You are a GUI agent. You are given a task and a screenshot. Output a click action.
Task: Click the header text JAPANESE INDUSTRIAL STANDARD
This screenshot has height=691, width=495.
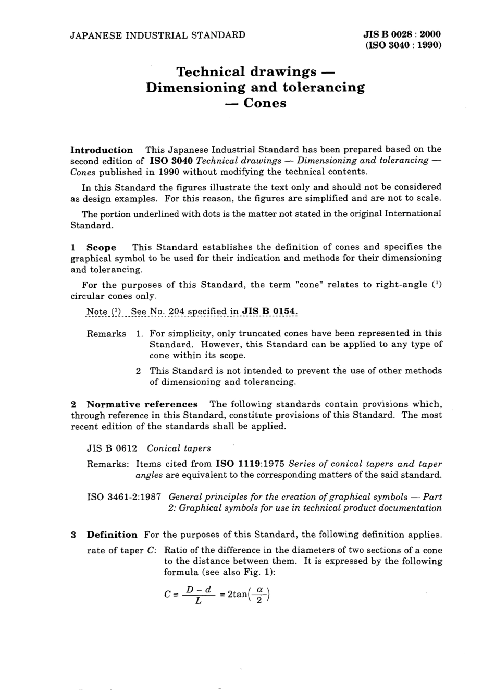coord(158,35)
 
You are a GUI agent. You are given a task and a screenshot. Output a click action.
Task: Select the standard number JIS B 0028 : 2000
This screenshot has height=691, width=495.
coord(402,34)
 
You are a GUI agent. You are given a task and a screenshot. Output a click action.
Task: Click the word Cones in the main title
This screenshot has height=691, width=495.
coord(265,103)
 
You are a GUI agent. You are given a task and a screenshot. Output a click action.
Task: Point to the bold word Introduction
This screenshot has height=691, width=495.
coord(102,150)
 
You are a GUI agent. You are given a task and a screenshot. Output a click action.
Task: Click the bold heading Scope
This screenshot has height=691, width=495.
coord(101,247)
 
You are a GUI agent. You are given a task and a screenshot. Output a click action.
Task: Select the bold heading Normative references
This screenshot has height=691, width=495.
coord(142,404)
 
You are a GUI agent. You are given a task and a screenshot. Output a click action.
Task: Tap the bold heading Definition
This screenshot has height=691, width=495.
coord(112,535)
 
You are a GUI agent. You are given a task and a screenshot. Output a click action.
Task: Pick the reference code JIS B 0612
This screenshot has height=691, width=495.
coord(112,448)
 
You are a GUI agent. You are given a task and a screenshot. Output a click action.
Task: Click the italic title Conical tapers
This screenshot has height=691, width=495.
coord(179,448)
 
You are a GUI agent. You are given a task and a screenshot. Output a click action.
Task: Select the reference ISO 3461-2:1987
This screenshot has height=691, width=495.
coord(124,497)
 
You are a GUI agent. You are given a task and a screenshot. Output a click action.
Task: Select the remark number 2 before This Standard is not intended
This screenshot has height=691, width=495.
coord(138,371)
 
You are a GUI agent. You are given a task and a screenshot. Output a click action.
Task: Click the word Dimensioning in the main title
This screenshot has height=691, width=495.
coord(196,87)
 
